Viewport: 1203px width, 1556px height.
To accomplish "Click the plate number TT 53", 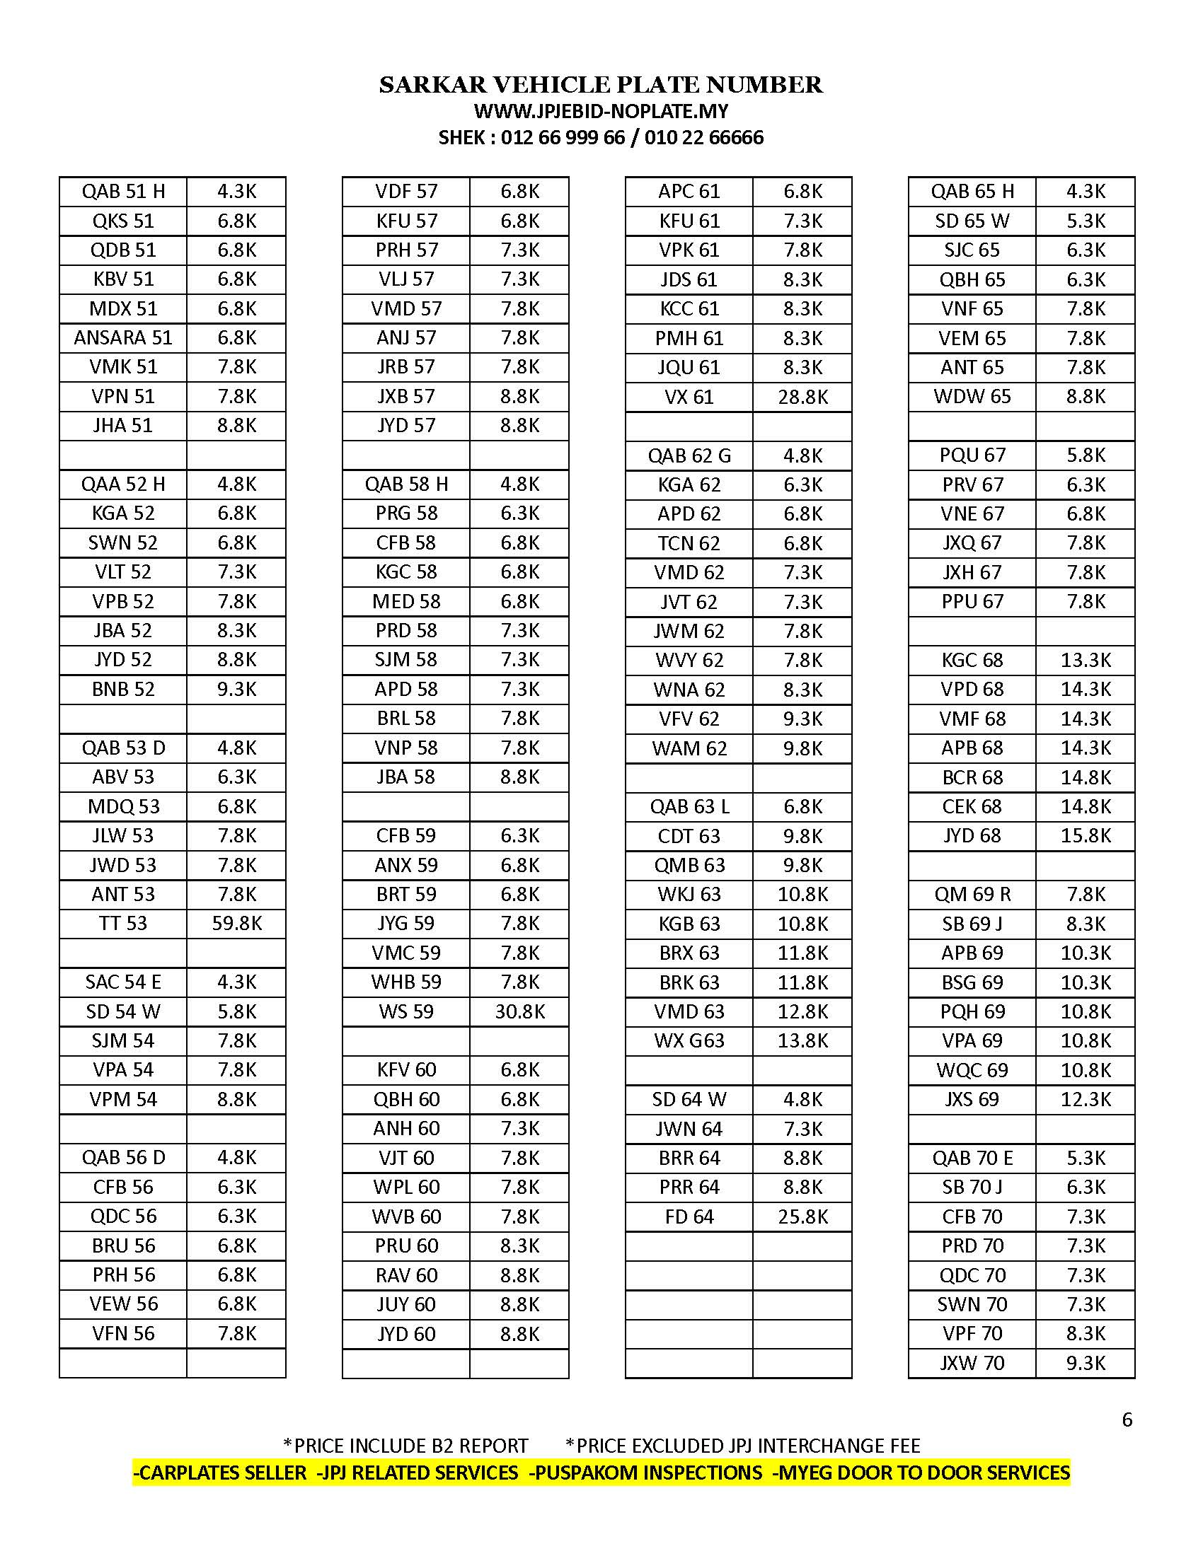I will point(122,923).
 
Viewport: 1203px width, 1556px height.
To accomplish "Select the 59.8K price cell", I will point(236,923).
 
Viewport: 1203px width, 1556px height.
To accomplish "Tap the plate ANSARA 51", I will point(122,337).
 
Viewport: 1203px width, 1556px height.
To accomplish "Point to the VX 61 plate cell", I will point(689,397).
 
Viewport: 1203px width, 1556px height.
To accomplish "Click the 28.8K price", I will point(802,397).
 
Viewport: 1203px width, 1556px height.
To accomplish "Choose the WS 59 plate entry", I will point(405,1011).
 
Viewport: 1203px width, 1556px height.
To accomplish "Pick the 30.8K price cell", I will point(519,1011).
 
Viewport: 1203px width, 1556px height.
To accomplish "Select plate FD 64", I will point(689,1217).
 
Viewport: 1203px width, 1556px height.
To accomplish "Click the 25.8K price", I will point(802,1217).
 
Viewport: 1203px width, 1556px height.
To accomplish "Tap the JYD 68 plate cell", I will point(972,836).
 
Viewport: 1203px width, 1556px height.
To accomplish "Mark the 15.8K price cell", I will point(1086,836).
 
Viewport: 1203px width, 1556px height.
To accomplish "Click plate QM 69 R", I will point(972,894).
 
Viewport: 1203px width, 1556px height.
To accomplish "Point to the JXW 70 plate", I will point(972,1364).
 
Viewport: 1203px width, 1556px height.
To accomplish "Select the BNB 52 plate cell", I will point(122,689).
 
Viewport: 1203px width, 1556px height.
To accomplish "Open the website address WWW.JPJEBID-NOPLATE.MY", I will point(601,111).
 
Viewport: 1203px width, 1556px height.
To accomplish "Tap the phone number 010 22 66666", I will point(703,137).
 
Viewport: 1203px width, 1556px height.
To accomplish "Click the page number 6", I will point(1127,1420).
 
